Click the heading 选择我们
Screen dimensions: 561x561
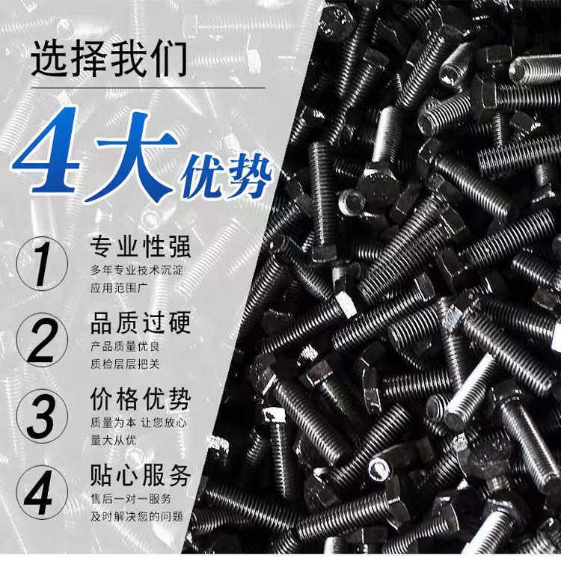click(x=109, y=59)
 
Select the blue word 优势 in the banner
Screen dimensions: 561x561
click(x=227, y=177)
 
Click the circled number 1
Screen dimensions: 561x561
click(x=42, y=263)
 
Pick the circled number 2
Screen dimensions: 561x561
click(x=42, y=340)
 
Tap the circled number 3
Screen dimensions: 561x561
click(x=42, y=416)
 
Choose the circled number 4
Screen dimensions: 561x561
click(x=42, y=492)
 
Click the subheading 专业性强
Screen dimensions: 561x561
click(x=141, y=247)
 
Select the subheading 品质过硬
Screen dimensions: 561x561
click(x=141, y=322)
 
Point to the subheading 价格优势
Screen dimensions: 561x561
click(x=141, y=399)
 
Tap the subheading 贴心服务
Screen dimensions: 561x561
click(x=141, y=476)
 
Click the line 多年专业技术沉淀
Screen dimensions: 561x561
click(x=137, y=270)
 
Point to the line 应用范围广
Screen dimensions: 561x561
click(x=119, y=288)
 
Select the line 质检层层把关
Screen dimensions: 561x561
click(x=125, y=364)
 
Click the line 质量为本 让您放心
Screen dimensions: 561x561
click(x=138, y=423)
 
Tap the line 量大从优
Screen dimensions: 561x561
click(x=113, y=441)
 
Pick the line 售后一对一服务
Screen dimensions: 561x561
click(x=131, y=499)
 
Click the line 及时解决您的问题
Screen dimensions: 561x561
click(x=137, y=517)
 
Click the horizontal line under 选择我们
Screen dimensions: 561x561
click(x=148, y=88)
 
